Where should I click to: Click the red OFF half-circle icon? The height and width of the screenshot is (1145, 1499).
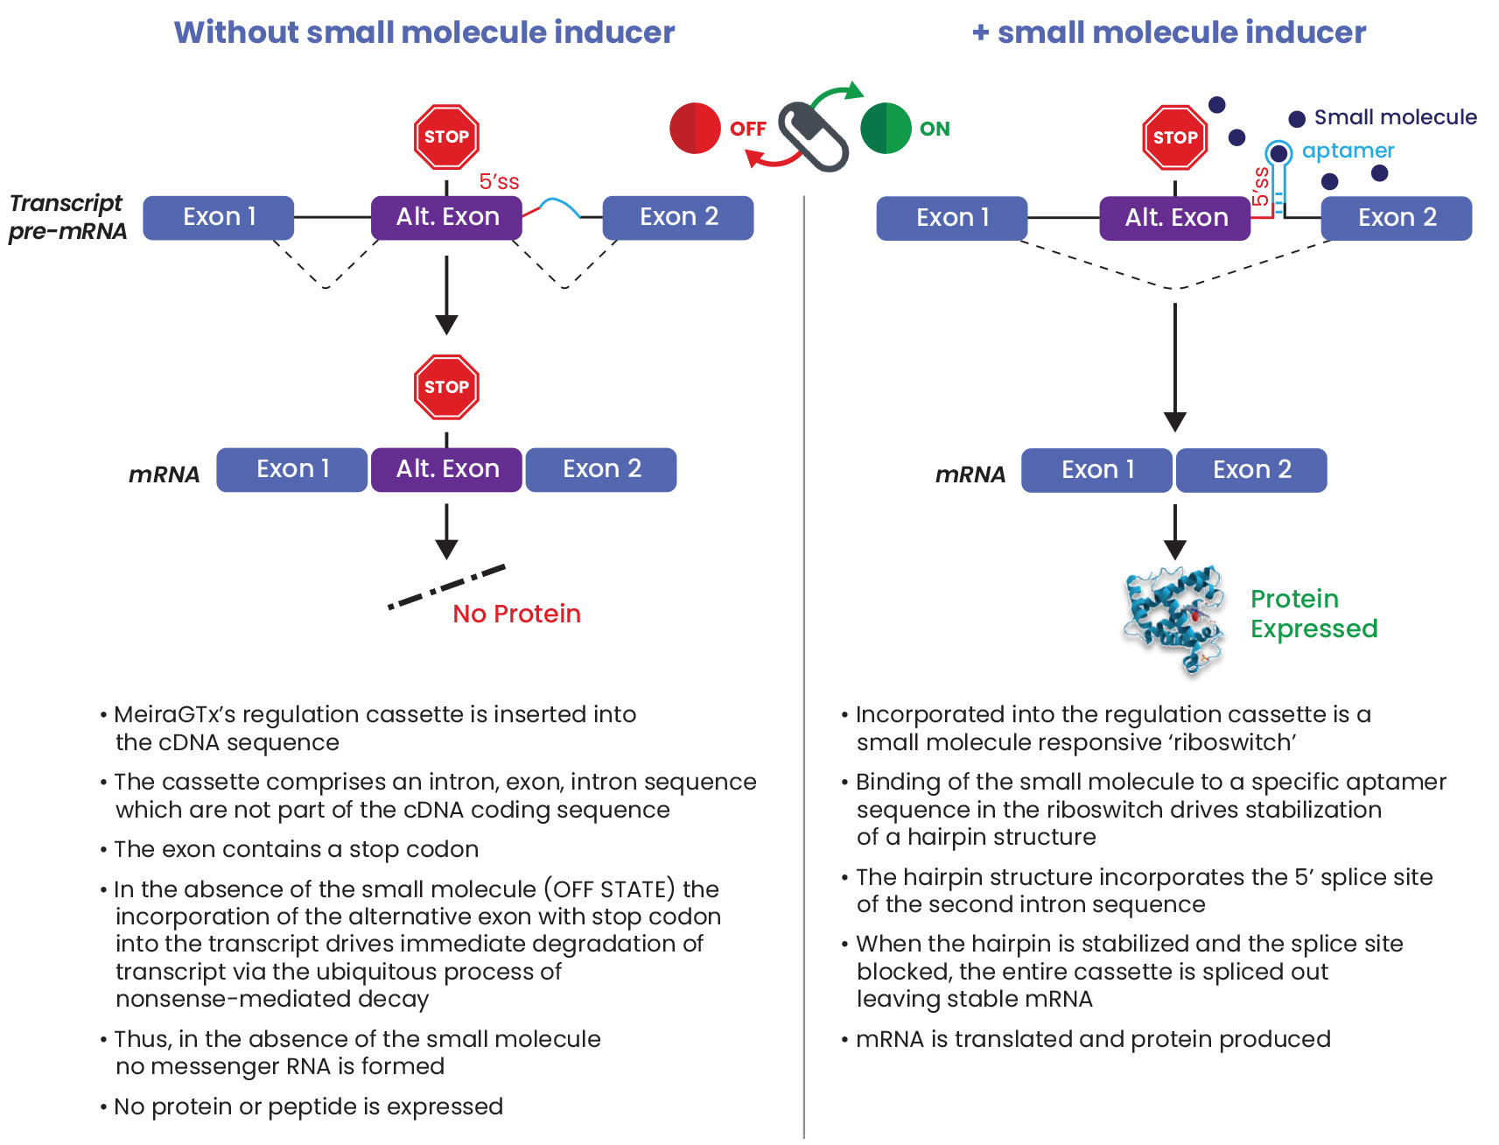pyautogui.click(x=695, y=129)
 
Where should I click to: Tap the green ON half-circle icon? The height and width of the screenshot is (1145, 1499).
pyautogui.click(x=886, y=129)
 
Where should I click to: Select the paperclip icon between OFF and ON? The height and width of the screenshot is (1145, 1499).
pyautogui.click(x=813, y=137)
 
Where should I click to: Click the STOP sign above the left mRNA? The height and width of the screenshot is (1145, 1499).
pyautogui.click(x=446, y=387)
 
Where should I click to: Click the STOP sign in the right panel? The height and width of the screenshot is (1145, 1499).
pyautogui.click(x=1174, y=137)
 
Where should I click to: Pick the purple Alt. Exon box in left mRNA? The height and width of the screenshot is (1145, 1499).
pyautogui.click(x=447, y=469)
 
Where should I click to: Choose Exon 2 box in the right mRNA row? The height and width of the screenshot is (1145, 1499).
pyautogui.click(x=1251, y=470)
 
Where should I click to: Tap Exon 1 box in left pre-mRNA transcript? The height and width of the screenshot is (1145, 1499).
pyautogui.click(x=219, y=217)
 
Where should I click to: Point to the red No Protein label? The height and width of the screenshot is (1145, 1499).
pyautogui.click(x=516, y=614)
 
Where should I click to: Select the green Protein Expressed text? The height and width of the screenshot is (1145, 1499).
pyautogui.click(x=1313, y=614)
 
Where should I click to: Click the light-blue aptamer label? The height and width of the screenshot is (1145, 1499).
pyautogui.click(x=1348, y=151)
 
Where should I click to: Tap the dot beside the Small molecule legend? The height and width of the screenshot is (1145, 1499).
pyautogui.click(x=1297, y=118)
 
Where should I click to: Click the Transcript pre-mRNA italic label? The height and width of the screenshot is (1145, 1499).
pyautogui.click(x=67, y=217)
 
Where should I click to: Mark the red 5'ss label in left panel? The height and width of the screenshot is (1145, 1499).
pyautogui.click(x=499, y=182)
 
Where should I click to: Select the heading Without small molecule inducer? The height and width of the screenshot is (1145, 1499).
pyautogui.click(x=424, y=32)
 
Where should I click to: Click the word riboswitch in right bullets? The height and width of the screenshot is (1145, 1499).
pyautogui.click(x=1234, y=742)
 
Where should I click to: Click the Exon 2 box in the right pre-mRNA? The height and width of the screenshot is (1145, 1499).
pyautogui.click(x=1397, y=217)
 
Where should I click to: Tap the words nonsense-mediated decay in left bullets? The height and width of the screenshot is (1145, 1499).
pyautogui.click(x=272, y=999)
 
